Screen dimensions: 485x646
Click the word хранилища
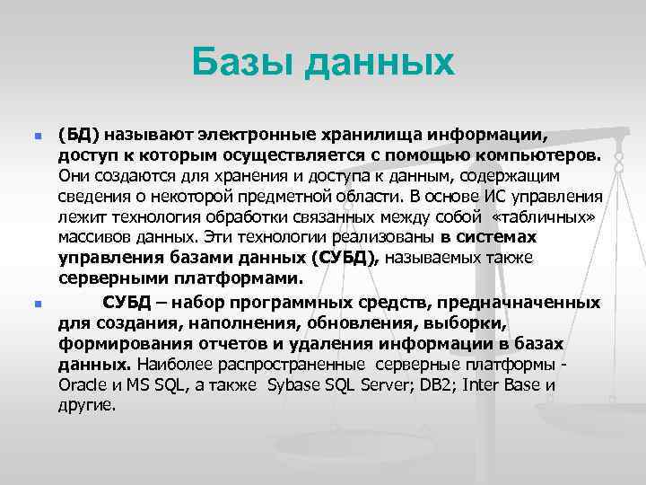pos(373,135)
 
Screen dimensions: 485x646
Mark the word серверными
pos(105,278)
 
